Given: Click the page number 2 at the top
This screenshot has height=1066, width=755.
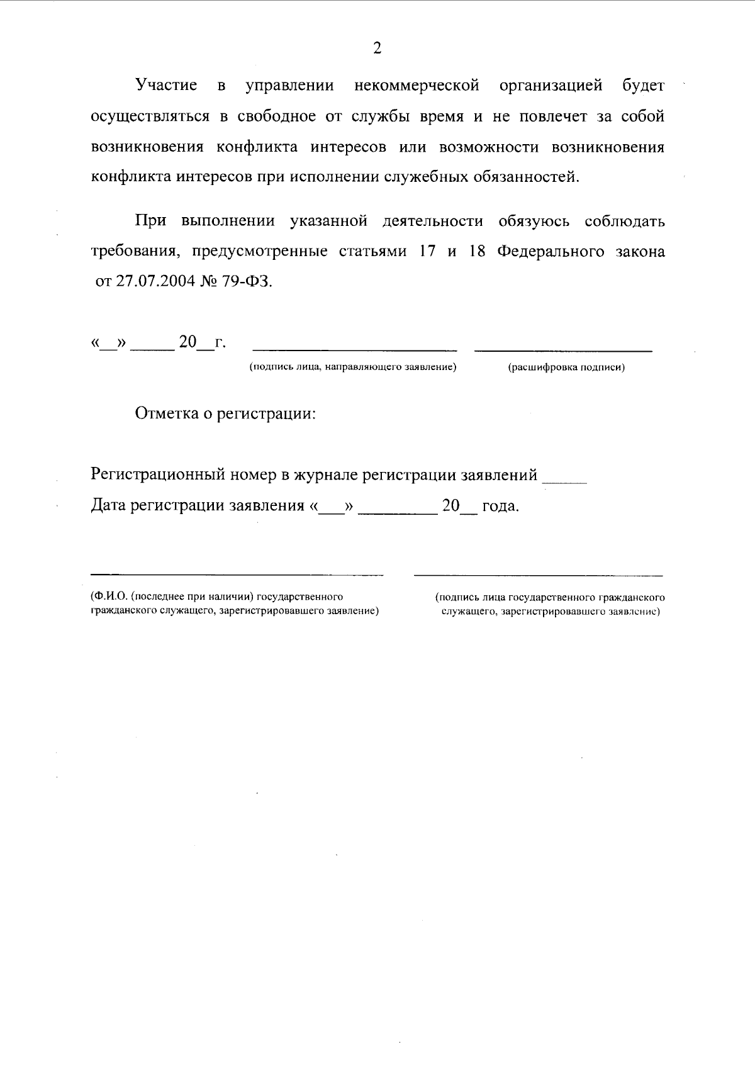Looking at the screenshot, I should point(377,48).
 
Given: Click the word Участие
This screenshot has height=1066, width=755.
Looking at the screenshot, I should point(166,85).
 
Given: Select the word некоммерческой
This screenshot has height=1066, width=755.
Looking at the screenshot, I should point(417,85).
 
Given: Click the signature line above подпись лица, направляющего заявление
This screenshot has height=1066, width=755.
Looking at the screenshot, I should point(354,348).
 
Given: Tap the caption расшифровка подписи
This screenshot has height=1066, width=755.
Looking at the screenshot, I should point(566,367).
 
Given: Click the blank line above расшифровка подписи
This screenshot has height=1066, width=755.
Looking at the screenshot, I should point(562,348).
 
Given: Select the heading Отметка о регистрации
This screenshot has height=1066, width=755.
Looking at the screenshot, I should point(225,414).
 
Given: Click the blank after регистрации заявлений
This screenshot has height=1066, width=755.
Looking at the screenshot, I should point(564,481).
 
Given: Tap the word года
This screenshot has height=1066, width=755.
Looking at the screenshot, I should point(500,506).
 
